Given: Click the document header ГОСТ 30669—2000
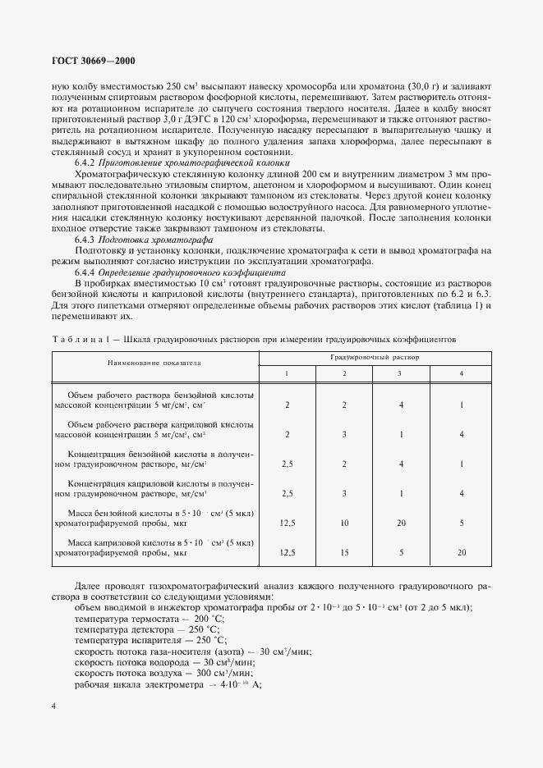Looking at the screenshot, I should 89,61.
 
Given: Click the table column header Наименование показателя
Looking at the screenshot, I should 154,362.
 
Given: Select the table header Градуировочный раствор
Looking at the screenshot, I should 375,358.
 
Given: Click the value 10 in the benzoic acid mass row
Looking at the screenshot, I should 344,522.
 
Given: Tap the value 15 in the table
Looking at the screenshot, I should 344,553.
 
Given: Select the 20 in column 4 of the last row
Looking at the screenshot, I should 462,553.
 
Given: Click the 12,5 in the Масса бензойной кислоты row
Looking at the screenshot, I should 288,522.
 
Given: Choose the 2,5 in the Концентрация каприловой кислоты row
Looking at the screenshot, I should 288,493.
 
